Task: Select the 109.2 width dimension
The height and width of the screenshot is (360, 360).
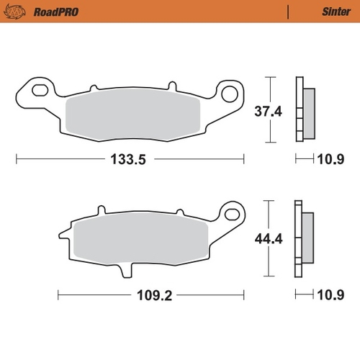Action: pos(150,294)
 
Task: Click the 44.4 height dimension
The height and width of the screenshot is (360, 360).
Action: pos(268,240)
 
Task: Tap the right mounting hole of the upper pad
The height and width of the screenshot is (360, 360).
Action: pos(230,92)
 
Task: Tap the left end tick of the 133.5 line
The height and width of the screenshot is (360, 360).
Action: pos(16,161)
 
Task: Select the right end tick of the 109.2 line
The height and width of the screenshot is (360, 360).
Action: pos(243,294)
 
